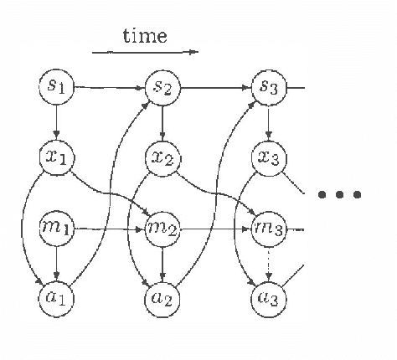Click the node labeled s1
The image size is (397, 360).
coord(55,85)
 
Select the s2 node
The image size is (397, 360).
coord(162,85)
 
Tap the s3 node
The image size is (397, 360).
coord(268,86)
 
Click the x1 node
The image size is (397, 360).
coord(55,156)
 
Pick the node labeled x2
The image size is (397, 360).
coord(162,156)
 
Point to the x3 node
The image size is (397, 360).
coord(268,157)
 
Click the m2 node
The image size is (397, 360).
coord(162,227)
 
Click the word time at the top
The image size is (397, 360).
coord(144,35)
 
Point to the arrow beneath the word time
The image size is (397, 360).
coord(144,52)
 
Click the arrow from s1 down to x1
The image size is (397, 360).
coord(55,121)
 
